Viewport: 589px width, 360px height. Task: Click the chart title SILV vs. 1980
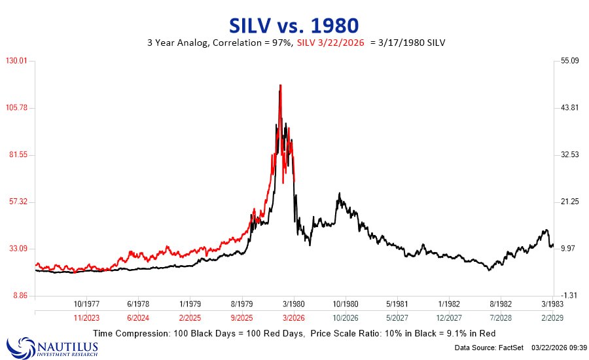pos(294,26)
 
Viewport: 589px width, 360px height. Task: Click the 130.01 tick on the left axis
pos(18,61)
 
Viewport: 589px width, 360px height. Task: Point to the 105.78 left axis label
pos(18,107)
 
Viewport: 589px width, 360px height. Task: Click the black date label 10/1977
pos(86,304)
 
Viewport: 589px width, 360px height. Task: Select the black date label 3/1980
pos(293,304)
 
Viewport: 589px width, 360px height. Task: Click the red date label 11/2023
pos(86,317)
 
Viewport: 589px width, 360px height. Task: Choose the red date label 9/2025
pos(241,317)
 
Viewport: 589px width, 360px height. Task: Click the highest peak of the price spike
pos(280,85)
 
